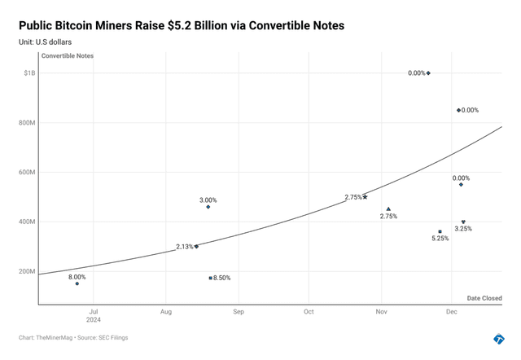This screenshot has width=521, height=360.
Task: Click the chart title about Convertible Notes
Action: pyautogui.click(x=181, y=26)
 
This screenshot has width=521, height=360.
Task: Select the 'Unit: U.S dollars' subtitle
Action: pyautogui.click(x=50, y=42)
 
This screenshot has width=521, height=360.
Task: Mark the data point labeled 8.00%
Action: pyautogui.click(x=77, y=283)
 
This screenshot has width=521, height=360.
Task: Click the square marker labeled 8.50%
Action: pyautogui.click(x=211, y=278)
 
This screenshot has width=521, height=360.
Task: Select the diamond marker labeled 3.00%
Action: pyautogui.click(x=208, y=207)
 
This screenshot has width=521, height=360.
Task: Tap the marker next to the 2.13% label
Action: pyautogui.click(x=196, y=246)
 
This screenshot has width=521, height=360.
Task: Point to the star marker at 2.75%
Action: pyautogui.click(x=366, y=196)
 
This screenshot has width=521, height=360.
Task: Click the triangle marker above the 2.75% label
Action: pyautogui.click(x=388, y=209)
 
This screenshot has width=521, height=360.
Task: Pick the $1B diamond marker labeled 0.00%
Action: pyautogui.click(x=428, y=73)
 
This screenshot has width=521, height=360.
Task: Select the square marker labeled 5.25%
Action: pyautogui.click(x=440, y=231)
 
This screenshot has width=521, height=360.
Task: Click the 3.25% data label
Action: pyautogui.click(x=463, y=229)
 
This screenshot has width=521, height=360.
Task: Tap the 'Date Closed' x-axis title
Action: pyautogui.click(x=484, y=298)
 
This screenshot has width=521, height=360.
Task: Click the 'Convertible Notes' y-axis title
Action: pyautogui.click(x=68, y=56)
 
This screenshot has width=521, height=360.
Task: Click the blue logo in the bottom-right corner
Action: pyautogui.click(x=499, y=339)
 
